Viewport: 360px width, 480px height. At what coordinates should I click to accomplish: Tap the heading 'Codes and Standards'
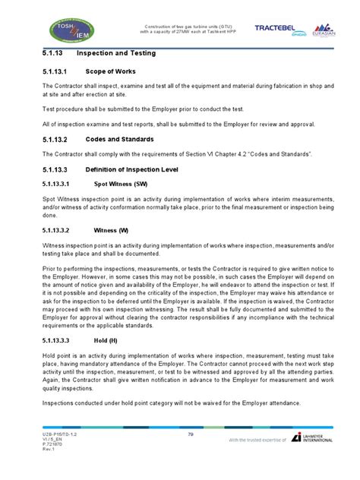(x=120, y=139)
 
